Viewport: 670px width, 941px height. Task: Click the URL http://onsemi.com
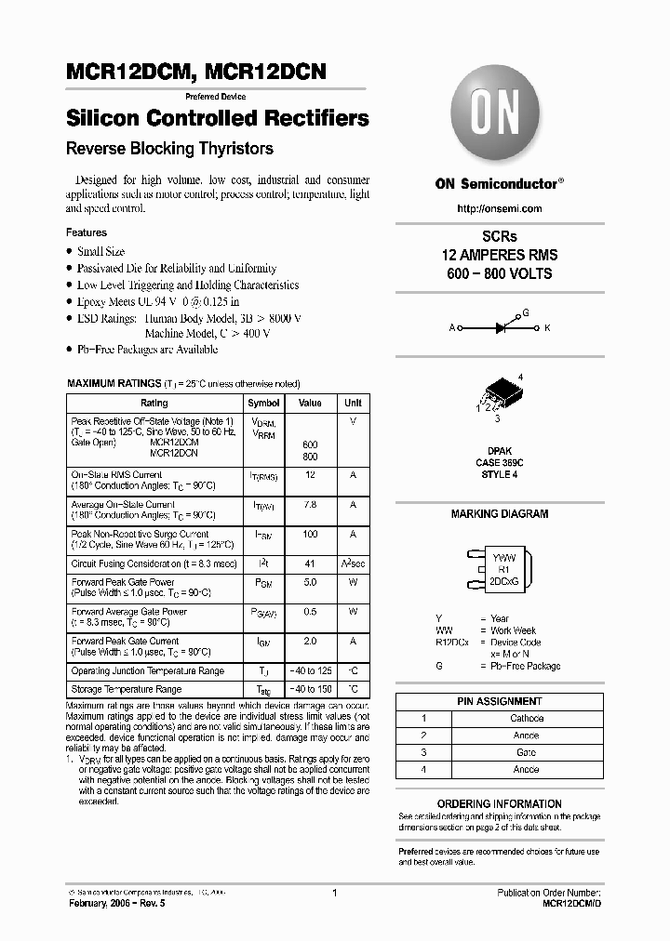(499, 208)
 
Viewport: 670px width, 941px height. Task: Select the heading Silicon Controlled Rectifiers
(217, 118)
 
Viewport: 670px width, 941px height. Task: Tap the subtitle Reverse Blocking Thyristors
(169, 149)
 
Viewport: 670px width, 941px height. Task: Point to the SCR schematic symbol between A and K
(500, 327)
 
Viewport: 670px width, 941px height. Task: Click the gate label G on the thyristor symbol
(525, 313)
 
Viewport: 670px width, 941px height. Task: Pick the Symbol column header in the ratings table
(263, 403)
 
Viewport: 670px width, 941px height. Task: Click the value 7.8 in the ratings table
(310, 504)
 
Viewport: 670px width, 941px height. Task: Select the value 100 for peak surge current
(310, 534)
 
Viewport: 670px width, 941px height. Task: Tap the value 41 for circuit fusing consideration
(310, 563)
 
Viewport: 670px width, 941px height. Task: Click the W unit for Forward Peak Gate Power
(353, 582)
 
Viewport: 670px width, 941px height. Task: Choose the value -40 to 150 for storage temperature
(310, 689)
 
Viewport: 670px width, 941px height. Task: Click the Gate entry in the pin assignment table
(526, 752)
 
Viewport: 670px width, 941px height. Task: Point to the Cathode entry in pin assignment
(526, 719)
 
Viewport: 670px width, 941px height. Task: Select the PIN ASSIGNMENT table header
(499, 701)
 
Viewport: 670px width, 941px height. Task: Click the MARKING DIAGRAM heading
(499, 513)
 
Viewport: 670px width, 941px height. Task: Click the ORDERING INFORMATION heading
(499, 803)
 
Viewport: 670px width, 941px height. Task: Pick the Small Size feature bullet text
(100, 251)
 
